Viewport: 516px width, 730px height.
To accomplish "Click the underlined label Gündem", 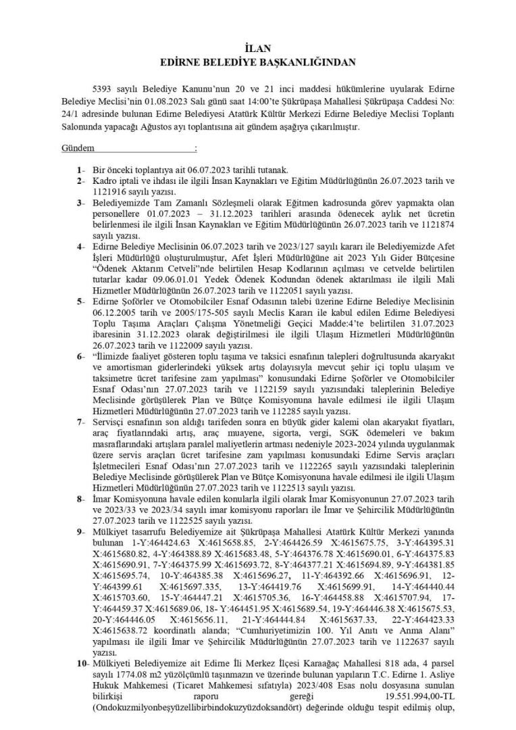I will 78,147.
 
